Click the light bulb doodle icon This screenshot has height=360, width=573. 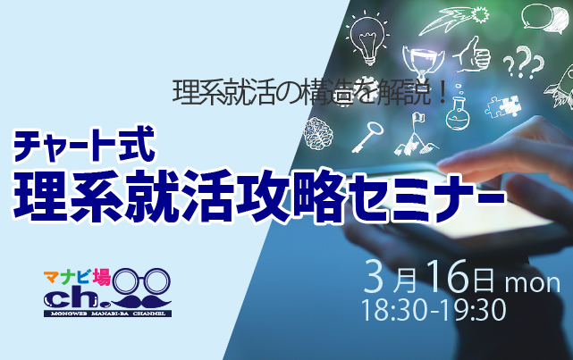click(x=368, y=38)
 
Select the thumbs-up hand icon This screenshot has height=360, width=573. click(x=473, y=55)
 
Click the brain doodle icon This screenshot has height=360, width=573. click(x=318, y=133)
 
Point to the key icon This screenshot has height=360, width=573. click(x=367, y=137)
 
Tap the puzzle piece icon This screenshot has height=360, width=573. click(x=503, y=106)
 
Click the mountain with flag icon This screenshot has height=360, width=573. click(x=416, y=135)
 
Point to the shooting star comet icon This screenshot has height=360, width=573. click(x=454, y=20)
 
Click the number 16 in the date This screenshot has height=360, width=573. click(x=448, y=277)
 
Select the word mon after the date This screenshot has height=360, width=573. click(x=533, y=284)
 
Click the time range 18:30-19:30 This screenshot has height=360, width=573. click(x=434, y=310)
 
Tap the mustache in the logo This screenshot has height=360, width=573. click(x=141, y=302)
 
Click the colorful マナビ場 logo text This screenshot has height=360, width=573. click(x=77, y=278)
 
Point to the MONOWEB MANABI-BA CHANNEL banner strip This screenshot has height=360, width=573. click(x=108, y=314)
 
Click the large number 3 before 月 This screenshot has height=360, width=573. click(x=376, y=276)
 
